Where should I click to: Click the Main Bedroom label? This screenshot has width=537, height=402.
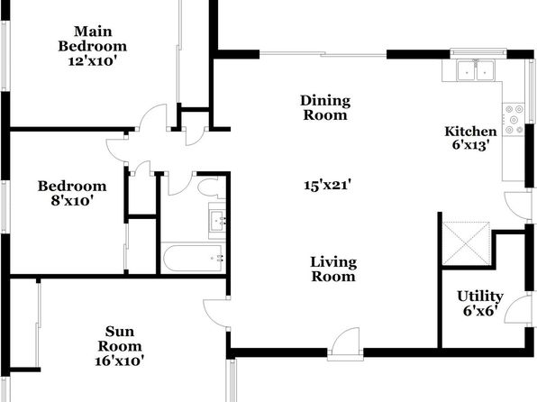(x=93, y=39)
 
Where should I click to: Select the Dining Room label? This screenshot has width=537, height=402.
(x=325, y=107)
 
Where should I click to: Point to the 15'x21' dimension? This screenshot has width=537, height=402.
(x=328, y=186)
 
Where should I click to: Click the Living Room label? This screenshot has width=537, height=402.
(x=333, y=270)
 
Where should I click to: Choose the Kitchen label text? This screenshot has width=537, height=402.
(x=470, y=132)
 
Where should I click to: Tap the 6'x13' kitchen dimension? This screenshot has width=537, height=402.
(x=469, y=145)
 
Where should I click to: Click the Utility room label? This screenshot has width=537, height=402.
(x=480, y=297)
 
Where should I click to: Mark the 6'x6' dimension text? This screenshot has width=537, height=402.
(x=480, y=311)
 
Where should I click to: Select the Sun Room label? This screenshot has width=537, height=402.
(x=120, y=339)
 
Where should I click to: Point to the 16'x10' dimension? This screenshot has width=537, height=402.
(x=120, y=361)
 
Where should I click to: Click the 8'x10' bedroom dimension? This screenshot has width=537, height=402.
(x=72, y=200)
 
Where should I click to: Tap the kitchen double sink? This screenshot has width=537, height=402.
(x=475, y=70)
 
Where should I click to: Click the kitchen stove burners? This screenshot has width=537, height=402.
(x=514, y=119)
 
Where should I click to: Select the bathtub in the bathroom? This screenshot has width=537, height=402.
(x=193, y=258)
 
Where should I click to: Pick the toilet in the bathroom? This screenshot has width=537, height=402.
(x=212, y=187)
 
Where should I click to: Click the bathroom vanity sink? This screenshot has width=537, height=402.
(x=217, y=220)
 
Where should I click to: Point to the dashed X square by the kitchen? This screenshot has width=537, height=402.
(x=466, y=243)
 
